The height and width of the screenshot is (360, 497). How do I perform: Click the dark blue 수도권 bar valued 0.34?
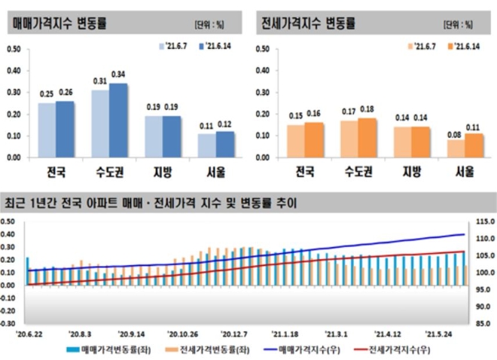pos(118,121)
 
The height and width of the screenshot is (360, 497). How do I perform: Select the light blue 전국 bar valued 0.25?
pos(47,130)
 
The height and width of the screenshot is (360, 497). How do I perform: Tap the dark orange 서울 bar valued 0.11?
pos(474,145)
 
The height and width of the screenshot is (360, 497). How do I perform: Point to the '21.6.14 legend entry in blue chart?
pos(216,46)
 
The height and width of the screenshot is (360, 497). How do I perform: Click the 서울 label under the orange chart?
pos(464,171)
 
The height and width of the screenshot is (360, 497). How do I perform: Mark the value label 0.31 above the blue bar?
pos(100,81)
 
